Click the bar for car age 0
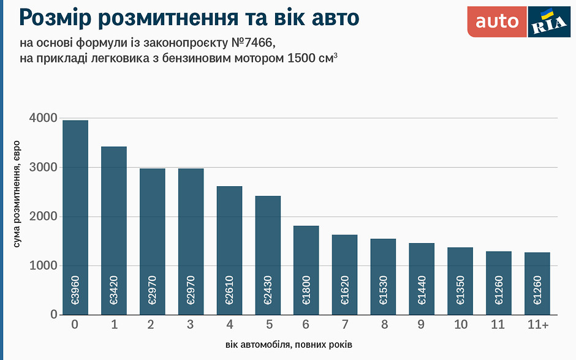click(75, 217)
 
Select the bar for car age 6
click(306, 270)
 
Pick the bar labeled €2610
click(229, 250)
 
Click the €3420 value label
click(114, 293)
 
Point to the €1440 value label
click(422, 293)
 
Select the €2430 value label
click(268, 293)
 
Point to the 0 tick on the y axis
click(53, 315)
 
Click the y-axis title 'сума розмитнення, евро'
click(17, 193)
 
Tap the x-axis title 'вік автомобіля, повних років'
click(288, 345)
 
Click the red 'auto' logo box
click(497, 21)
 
